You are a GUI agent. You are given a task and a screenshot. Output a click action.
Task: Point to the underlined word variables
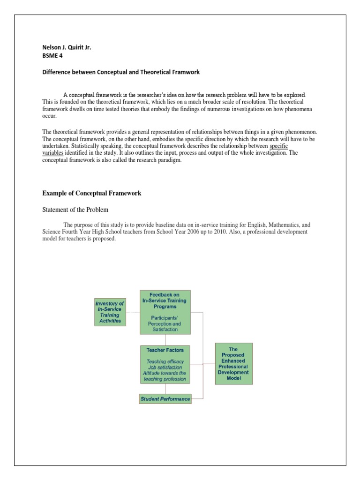(x=52, y=153)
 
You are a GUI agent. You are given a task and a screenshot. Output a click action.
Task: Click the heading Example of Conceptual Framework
(x=92, y=193)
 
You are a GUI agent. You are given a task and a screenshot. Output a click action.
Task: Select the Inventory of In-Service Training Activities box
(x=110, y=312)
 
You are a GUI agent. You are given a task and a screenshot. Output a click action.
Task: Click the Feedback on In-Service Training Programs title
(x=165, y=300)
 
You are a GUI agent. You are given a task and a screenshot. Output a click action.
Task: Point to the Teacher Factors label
(x=165, y=350)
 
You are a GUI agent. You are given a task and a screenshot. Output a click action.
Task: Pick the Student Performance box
(x=165, y=399)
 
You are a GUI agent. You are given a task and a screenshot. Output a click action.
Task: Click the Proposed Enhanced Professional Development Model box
(x=233, y=363)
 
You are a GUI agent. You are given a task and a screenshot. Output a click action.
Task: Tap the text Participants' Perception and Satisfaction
(x=164, y=323)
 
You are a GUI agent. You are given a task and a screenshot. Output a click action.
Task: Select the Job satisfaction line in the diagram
(x=165, y=367)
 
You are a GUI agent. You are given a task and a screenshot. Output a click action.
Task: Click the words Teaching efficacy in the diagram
(x=165, y=361)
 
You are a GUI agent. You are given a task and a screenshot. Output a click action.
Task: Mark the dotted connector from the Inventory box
(x=133, y=312)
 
